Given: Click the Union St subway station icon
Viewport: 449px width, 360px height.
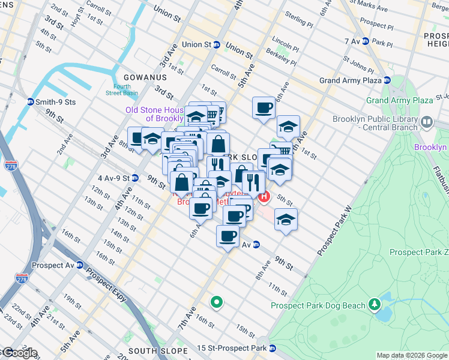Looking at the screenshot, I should (217, 44).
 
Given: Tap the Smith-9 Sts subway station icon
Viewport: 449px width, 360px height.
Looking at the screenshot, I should (30, 102).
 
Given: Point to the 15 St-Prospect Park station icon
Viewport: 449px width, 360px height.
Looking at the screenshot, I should (273, 348).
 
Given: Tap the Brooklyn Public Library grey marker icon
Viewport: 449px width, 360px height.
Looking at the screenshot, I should (427, 122).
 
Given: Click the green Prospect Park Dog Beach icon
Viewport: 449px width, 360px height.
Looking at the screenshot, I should (375, 305).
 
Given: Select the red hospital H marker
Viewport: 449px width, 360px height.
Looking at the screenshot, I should (264, 196).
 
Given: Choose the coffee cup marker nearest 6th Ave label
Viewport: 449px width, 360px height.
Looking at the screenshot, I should (263, 108).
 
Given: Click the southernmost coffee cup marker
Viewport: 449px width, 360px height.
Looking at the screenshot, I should (228, 236).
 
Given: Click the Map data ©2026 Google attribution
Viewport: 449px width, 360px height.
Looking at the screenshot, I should (412, 355).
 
